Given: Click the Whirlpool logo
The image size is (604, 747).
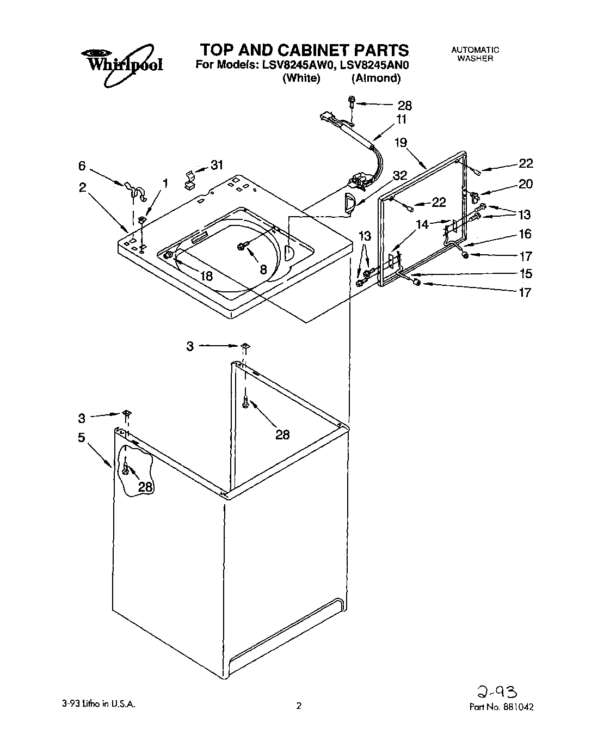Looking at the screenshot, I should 122,64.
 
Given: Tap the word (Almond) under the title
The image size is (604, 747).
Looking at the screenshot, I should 375,78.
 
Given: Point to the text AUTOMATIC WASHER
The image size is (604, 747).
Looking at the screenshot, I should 474,54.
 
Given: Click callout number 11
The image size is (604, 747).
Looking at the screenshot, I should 401,120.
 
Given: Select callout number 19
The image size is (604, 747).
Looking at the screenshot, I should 400,143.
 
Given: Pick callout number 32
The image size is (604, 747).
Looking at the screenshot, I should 399,175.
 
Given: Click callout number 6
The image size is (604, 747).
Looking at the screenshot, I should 82,166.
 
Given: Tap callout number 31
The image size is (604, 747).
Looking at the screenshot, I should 217,164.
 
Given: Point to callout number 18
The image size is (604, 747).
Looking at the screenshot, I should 206,275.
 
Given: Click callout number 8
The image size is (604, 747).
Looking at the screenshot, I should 263,268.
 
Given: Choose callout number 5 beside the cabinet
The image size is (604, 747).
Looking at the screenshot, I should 81,437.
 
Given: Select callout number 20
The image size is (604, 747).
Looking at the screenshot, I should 525,184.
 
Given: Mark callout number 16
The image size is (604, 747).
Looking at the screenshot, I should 525,234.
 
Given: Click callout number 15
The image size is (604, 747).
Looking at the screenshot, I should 525,273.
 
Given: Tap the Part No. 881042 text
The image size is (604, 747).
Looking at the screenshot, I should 501,707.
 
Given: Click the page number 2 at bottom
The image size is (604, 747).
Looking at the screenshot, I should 298,707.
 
